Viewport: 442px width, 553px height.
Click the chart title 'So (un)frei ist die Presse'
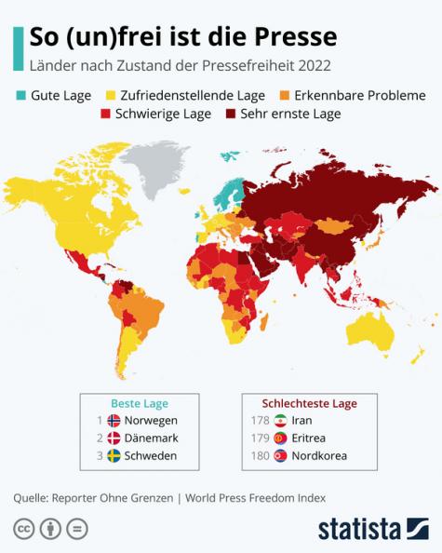[182, 36]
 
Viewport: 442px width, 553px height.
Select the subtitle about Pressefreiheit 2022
[180, 66]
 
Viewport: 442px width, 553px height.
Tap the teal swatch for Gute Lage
[20, 95]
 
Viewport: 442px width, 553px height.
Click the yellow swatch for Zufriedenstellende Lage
[109, 95]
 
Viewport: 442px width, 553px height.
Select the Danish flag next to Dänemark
[114, 438]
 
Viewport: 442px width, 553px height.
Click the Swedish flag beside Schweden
[114, 455]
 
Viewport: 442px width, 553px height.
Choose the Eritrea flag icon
[282, 438]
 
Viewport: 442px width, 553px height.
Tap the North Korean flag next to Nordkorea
[282, 455]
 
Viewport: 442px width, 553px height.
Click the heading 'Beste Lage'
[140, 403]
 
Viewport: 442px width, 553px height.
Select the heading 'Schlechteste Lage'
[309, 403]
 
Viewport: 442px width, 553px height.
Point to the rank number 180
[261, 455]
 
